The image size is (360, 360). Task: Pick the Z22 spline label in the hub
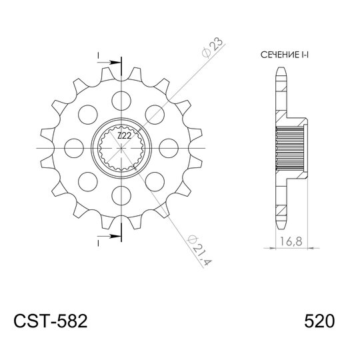click(123, 136)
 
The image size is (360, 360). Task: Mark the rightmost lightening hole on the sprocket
click(170, 147)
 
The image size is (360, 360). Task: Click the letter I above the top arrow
click(99, 53)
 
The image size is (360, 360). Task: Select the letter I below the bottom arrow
click(99, 245)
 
